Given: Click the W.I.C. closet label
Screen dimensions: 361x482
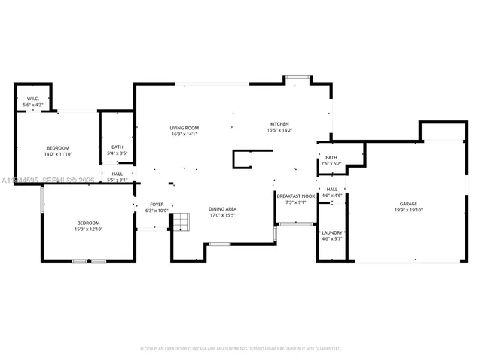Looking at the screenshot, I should [33, 98].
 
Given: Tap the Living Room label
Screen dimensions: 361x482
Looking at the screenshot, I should [184, 128].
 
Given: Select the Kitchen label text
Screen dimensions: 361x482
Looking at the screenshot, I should [279, 124].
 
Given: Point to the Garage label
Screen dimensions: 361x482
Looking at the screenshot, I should [408, 204].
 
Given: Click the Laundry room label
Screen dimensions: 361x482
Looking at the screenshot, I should [332, 232].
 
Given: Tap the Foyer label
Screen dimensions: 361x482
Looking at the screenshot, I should [157, 204].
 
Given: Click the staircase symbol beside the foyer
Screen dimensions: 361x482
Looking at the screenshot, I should [180, 222].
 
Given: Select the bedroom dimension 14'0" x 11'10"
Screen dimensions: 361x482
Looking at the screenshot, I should [58, 153].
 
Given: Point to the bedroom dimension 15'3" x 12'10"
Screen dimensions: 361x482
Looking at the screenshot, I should [88, 229].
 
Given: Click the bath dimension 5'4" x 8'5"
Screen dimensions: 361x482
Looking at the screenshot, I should [117, 153].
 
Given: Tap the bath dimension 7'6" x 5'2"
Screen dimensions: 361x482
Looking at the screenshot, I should [331, 163].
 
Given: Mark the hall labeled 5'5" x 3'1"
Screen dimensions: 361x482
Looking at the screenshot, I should [117, 180].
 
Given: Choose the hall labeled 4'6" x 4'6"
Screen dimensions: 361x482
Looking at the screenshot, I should [332, 196].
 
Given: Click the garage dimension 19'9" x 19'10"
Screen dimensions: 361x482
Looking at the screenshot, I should [408, 210].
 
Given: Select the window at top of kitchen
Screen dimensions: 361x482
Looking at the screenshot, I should [297, 77].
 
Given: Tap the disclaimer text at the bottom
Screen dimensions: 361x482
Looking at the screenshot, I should [241, 349].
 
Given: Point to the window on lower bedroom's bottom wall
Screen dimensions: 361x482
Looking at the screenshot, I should [89, 261].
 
